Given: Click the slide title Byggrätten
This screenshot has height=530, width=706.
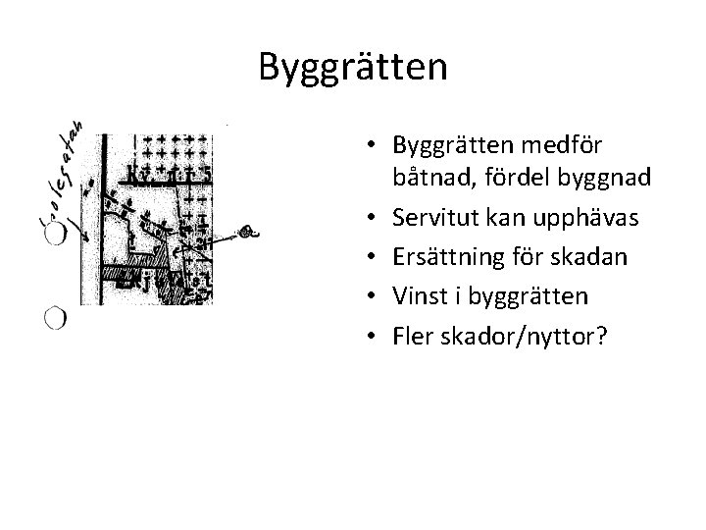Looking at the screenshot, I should [x=353, y=67].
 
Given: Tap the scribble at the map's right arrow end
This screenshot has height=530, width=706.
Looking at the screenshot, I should [x=249, y=234].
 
